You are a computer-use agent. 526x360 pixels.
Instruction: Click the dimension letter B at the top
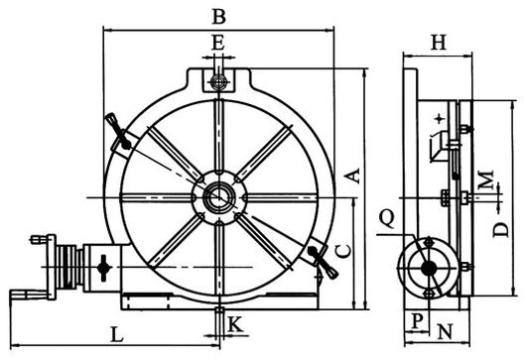219,17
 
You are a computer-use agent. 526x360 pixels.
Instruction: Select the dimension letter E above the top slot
218,44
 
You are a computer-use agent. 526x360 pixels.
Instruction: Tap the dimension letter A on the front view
353,176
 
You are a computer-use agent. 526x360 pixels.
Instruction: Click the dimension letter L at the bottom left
117,334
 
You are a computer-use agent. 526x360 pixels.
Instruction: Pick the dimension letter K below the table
235,324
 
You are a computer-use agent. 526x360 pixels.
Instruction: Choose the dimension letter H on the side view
439,43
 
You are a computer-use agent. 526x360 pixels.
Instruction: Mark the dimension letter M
486,180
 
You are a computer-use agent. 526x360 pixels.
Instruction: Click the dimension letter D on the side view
501,230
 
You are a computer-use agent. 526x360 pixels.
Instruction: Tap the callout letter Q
387,219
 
